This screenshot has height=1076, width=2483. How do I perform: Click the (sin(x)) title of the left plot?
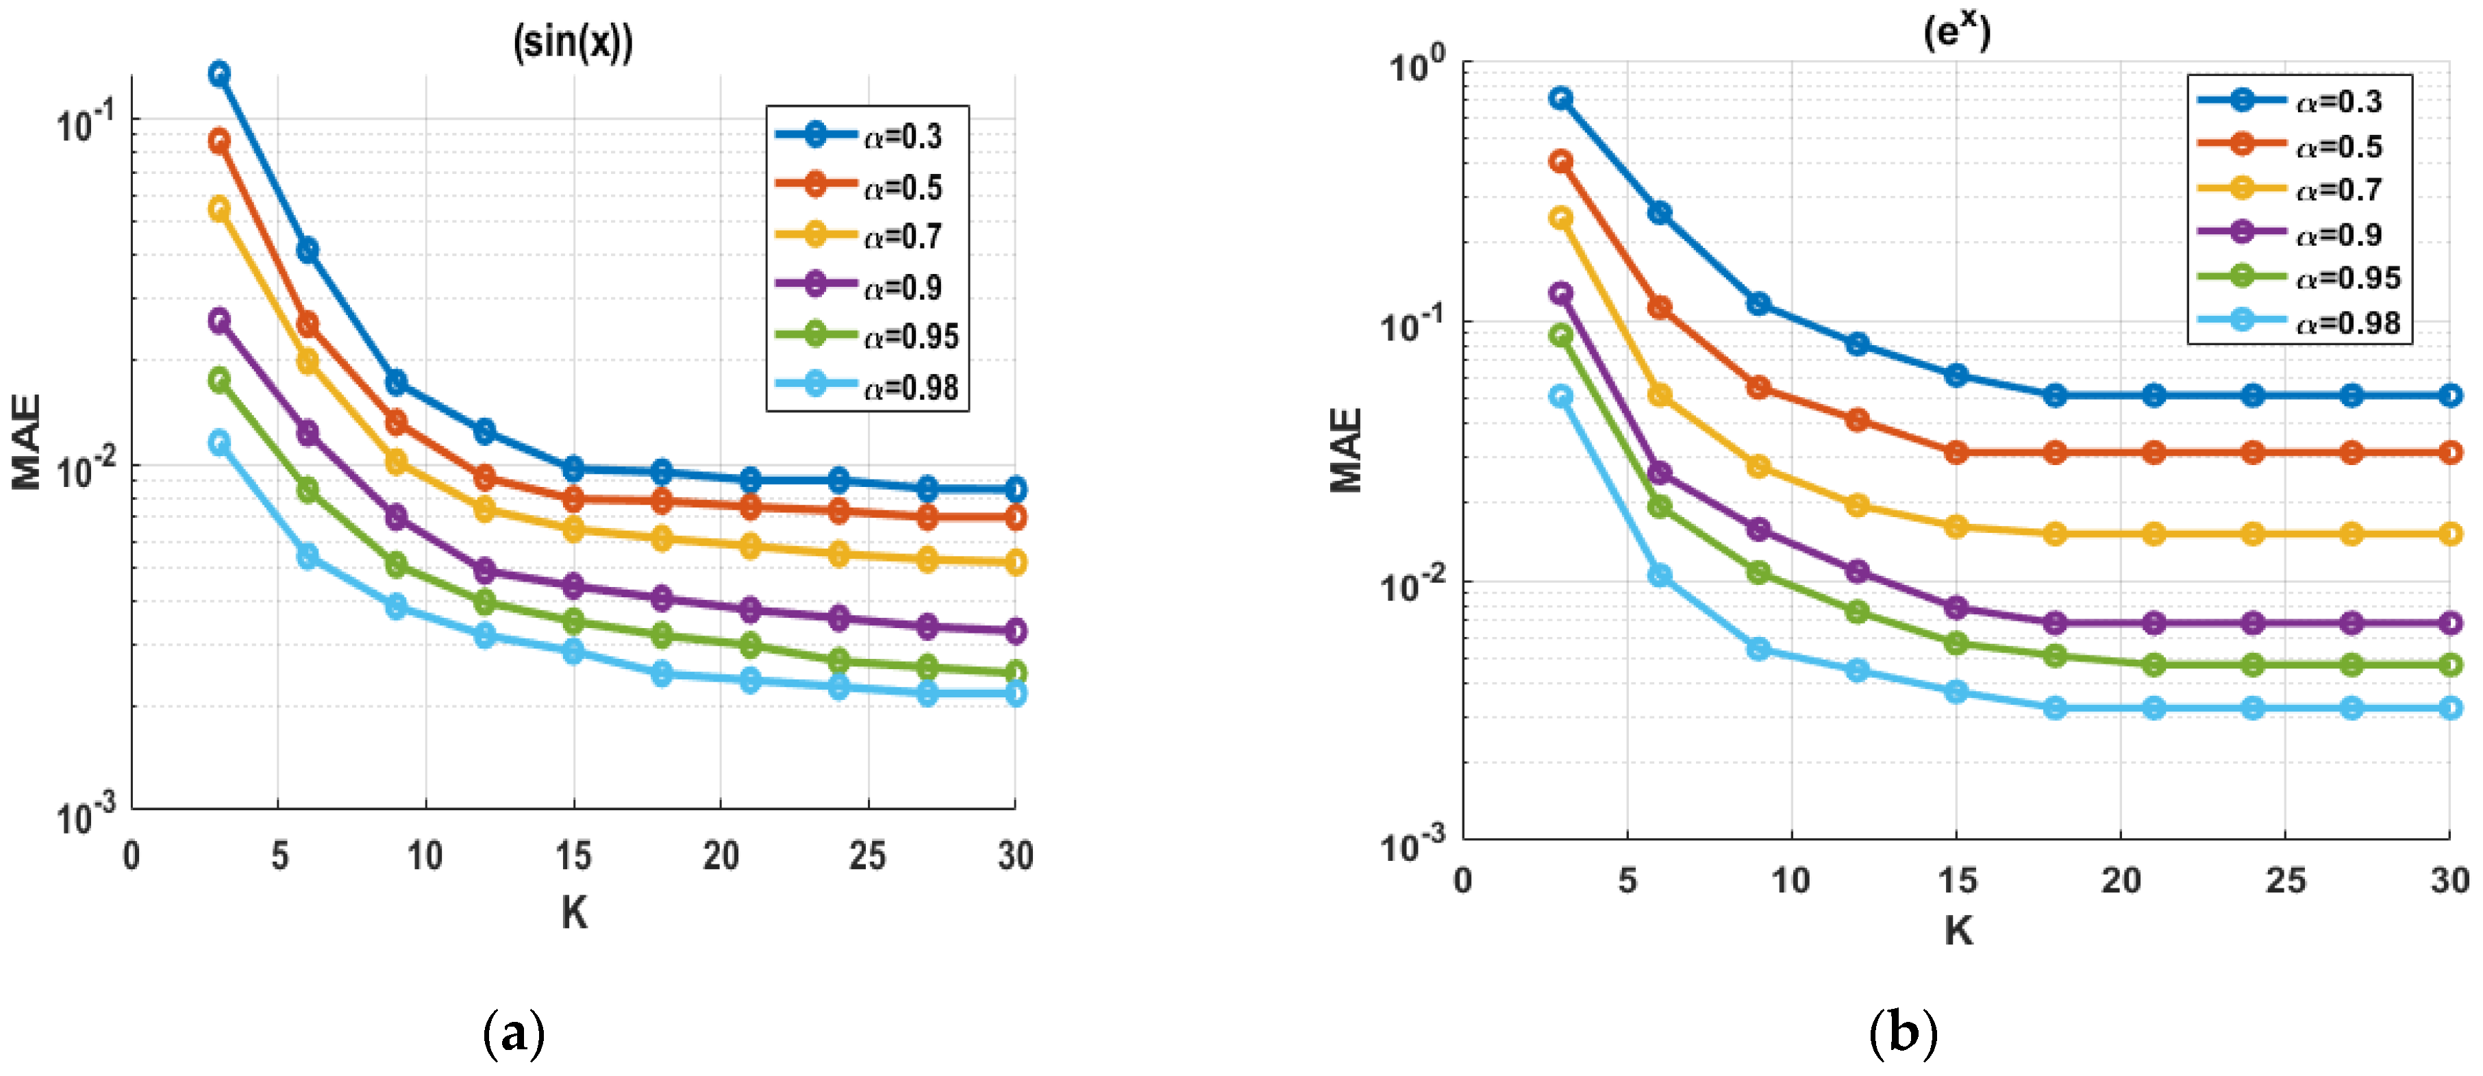[x=573, y=43]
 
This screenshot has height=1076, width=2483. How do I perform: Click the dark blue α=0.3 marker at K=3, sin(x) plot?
[x=220, y=73]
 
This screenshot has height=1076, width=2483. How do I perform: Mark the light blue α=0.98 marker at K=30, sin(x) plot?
[x=1015, y=695]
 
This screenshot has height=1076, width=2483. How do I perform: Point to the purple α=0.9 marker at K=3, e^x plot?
[x=1560, y=293]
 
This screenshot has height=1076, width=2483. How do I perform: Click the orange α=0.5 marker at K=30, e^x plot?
[x=2449, y=452]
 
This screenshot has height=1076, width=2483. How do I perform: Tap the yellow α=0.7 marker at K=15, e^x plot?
[x=1956, y=527]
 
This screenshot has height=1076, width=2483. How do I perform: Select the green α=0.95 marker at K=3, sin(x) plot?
[x=220, y=380]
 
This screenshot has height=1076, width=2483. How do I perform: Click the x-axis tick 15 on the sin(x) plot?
[x=573, y=855]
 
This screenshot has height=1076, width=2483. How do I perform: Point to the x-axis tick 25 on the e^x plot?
[x=2284, y=879]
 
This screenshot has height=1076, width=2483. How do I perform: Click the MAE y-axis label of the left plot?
[x=27, y=442]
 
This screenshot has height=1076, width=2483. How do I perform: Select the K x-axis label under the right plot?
[x=1957, y=930]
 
